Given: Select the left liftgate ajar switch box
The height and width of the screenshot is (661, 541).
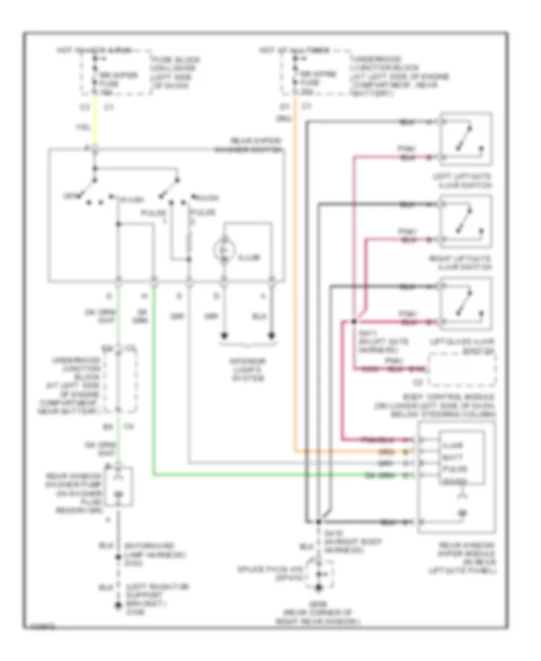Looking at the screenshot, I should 466,139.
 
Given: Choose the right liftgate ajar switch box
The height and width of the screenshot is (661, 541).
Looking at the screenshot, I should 466,221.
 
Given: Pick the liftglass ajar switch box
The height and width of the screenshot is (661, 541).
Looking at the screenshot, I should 466,304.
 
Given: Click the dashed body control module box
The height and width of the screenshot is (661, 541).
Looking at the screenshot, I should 462,370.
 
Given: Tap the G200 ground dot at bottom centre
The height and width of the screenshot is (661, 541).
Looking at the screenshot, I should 318,587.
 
